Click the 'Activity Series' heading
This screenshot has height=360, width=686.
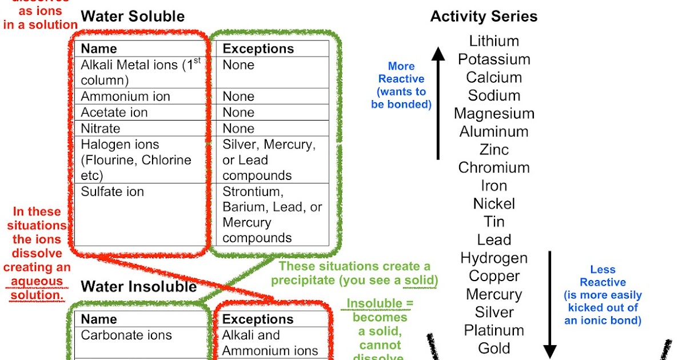tap(484, 17)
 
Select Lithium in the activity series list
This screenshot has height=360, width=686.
tap(494, 41)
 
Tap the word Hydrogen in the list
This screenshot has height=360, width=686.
tap(494, 258)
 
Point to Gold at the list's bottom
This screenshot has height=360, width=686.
tap(494, 348)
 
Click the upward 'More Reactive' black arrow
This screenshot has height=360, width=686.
tap(438, 103)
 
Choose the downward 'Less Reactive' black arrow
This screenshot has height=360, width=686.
tap(550, 303)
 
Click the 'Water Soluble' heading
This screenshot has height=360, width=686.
tap(133, 17)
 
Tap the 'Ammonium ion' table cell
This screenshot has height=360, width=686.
tap(125, 96)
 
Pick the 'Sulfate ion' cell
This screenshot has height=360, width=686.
tap(112, 191)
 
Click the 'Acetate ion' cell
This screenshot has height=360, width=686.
tap(114, 112)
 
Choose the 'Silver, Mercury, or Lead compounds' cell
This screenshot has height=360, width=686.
tap(269, 160)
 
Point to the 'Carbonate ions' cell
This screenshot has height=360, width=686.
tap(126, 335)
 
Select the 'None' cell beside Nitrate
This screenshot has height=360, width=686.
tap(238, 128)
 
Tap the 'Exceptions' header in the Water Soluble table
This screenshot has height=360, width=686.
tap(258, 49)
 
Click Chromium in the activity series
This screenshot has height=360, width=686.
tap(494, 167)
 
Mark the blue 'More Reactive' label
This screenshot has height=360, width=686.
tap(401, 73)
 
